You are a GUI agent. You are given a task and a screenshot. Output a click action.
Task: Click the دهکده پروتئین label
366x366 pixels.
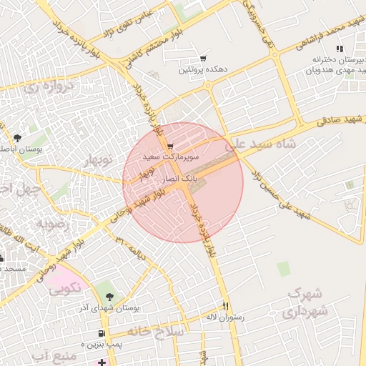[x=204, y=71]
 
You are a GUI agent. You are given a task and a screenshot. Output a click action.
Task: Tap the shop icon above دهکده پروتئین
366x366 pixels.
[x=204, y=59]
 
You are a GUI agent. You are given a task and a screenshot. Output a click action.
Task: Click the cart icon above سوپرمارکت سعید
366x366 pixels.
[x=169, y=144]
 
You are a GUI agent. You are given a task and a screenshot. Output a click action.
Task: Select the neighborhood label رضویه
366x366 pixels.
[x=51, y=224]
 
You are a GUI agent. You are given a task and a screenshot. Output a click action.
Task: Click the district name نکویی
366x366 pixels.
[x=65, y=290]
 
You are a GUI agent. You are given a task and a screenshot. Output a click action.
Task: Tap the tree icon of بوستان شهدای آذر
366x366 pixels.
[x=109, y=296]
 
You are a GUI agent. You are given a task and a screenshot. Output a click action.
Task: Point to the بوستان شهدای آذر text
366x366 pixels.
[x=111, y=307]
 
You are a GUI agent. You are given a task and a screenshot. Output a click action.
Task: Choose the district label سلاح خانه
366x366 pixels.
[x=156, y=332]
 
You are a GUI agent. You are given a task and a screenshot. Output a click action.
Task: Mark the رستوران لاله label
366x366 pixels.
[x=225, y=317]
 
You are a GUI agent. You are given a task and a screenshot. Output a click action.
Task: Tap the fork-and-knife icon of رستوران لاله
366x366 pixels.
[x=225, y=305]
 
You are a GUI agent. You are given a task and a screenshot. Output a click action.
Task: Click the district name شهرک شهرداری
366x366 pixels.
[x=306, y=303]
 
